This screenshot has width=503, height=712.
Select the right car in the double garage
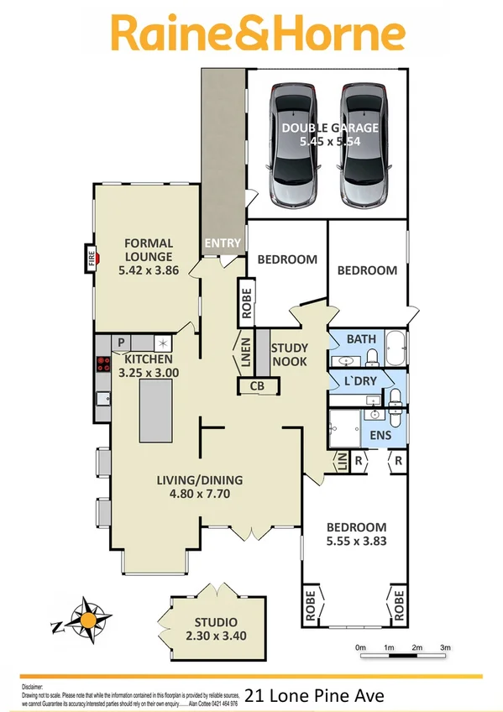[x=363, y=145]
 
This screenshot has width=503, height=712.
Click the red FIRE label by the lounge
[x=90, y=259]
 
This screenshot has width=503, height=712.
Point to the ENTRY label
[x=223, y=243]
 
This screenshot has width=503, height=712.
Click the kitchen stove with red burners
[x=104, y=364]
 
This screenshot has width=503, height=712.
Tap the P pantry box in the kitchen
[x=121, y=343]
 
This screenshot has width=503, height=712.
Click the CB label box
[x=254, y=386]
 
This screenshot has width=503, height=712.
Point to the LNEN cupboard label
[x=244, y=353]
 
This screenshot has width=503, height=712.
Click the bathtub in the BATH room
[x=396, y=348]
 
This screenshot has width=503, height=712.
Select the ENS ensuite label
[x=380, y=436]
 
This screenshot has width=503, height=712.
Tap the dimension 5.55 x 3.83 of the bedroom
[x=357, y=541]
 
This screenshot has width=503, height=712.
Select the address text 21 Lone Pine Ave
[x=314, y=694]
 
